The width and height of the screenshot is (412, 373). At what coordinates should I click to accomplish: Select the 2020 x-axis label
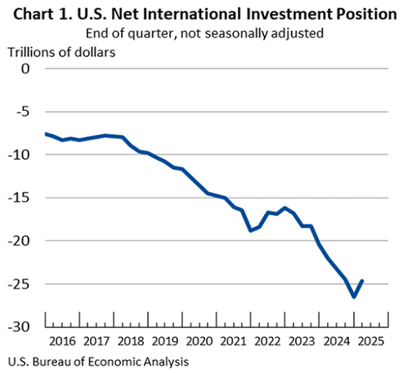pyautogui.click(x=199, y=341)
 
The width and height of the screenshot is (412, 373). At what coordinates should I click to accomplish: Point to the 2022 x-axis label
pyautogui.click(x=266, y=341)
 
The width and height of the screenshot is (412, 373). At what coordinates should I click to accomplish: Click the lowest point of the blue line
pyautogui.click(x=354, y=296)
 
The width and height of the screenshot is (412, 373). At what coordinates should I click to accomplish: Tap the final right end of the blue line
pyautogui.click(x=363, y=281)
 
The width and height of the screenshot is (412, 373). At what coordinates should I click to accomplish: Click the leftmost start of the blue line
pyautogui.click(x=46, y=133)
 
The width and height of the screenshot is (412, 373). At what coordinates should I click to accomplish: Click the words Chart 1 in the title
pyautogui.click(x=38, y=14)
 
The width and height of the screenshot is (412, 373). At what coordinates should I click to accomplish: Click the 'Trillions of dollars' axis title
pyautogui.click(x=61, y=52)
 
